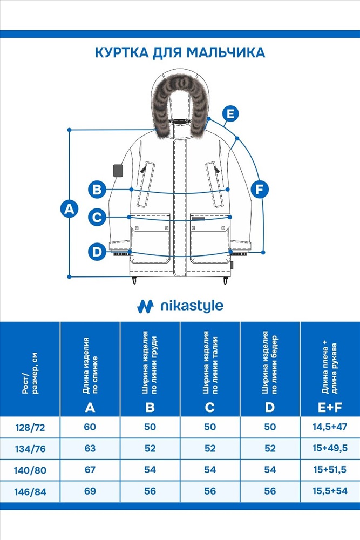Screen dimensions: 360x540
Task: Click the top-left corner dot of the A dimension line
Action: pyautogui.click(x=70, y=130)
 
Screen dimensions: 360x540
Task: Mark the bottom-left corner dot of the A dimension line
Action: pyautogui.click(x=70, y=276)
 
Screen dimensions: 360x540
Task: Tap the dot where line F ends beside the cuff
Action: pyautogui.click(x=263, y=252)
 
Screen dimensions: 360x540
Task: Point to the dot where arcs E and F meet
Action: pyautogui.click(x=237, y=138)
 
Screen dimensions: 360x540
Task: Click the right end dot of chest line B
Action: pyautogui.click(x=228, y=190)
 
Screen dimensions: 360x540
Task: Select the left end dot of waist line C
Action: pyautogui.click(x=129, y=217)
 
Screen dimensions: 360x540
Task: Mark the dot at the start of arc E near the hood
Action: pyautogui.click(x=209, y=119)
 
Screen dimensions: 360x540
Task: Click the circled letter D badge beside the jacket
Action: pyautogui.click(x=97, y=252)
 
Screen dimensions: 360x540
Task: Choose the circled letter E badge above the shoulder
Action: pyautogui.click(x=230, y=113)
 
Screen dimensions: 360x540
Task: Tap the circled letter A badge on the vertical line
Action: pyautogui.click(x=69, y=208)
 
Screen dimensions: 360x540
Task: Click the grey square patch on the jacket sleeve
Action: pyautogui.click(x=118, y=171)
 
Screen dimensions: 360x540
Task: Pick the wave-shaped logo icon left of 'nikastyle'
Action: pyautogui.click(x=145, y=306)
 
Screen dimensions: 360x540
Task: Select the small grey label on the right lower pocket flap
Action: pyautogui.click(x=198, y=219)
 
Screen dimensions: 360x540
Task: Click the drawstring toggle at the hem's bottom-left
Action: pyautogui.click(x=134, y=280)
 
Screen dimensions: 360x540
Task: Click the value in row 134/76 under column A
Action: pyautogui.click(x=90, y=448)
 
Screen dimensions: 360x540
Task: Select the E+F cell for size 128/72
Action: pyautogui.click(x=330, y=427)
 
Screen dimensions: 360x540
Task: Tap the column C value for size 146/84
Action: pyautogui.click(x=210, y=491)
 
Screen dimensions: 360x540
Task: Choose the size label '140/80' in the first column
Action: pyautogui.click(x=30, y=470)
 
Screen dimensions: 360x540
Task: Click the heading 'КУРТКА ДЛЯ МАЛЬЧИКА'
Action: pyautogui.click(x=180, y=53)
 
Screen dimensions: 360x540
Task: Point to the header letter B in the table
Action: pyautogui.click(x=150, y=407)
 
